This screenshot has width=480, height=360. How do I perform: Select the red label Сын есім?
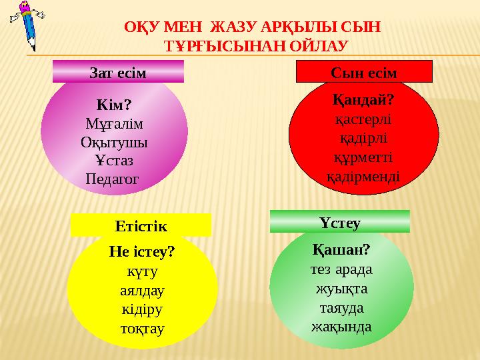[x=364, y=71]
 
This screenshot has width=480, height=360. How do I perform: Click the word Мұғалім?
[x=114, y=124]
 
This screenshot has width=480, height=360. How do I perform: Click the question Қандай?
[x=363, y=101]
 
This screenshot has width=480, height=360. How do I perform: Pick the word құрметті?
[x=363, y=159]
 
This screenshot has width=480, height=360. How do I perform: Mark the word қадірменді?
[x=363, y=177]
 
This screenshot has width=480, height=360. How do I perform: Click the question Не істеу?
[x=142, y=253]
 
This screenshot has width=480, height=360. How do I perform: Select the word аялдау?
[x=142, y=291]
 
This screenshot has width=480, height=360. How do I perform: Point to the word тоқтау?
[x=142, y=329]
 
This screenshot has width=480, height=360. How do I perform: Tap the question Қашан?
[x=341, y=249]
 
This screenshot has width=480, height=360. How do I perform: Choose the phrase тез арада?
[x=341, y=269]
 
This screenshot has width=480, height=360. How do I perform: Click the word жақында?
[x=341, y=327]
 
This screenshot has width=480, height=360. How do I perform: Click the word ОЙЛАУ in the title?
[x=316, y=45]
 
